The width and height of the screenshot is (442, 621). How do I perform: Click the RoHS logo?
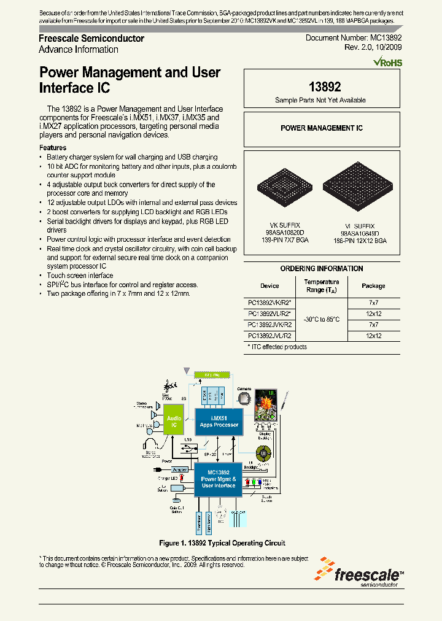pyautogui.click(x=388, y=62)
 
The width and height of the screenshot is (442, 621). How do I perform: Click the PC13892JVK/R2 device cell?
pyautogui.click(x=269, y=324)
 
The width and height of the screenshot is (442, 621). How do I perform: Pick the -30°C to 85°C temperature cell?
pyautogui.click(x=322, y=319)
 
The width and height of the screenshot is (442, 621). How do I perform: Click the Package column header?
pyautogui.click(x=373, y=286)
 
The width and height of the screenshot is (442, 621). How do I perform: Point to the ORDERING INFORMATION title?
pyautogui.click(x=321, y=269)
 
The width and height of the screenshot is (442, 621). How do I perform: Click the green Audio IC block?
pyautogui.click(x=174, y=421)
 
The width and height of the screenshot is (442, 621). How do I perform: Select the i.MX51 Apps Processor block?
pyautogui.click(x=219, y=421)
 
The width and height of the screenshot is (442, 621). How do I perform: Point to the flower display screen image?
pyautogui.click(x=268, y=405)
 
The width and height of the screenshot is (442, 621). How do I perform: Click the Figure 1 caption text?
pyautogui.click(x=222, y=543)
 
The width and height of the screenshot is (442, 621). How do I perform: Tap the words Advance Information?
pyautogui.click(x=79, y=50)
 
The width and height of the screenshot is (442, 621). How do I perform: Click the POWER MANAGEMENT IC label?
pyautogui.click(x=321, y=128)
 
